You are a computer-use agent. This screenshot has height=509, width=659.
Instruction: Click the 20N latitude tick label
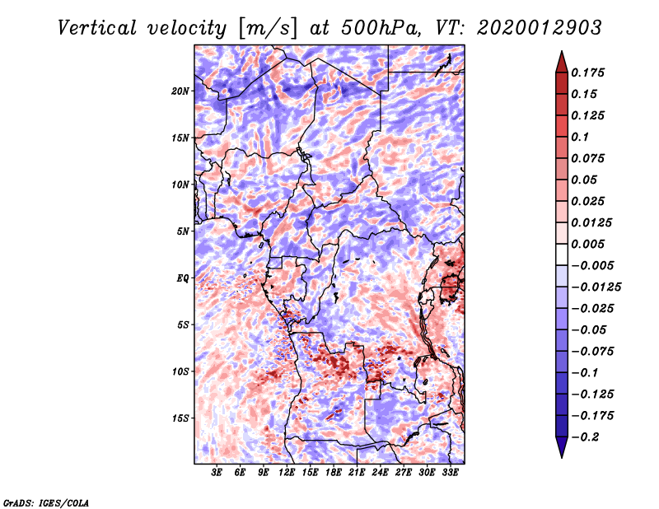(180, 91)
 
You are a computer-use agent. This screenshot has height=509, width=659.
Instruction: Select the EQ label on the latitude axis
(182, 278)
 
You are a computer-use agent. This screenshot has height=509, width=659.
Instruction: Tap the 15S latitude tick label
(180, 418)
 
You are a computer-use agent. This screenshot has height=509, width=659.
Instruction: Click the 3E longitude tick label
(217, 473)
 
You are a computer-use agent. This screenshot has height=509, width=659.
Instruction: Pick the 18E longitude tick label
(334, 473)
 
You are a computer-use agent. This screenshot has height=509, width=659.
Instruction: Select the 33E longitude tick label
(450, 473)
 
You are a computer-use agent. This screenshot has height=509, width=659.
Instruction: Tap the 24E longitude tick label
(380, 473)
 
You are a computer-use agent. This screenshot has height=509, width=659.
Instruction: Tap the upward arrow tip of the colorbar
(561, 54)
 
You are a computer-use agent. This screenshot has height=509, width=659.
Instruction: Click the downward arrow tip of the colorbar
(561, 455)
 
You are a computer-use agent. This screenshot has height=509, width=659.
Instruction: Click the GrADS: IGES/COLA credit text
(45, 501)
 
